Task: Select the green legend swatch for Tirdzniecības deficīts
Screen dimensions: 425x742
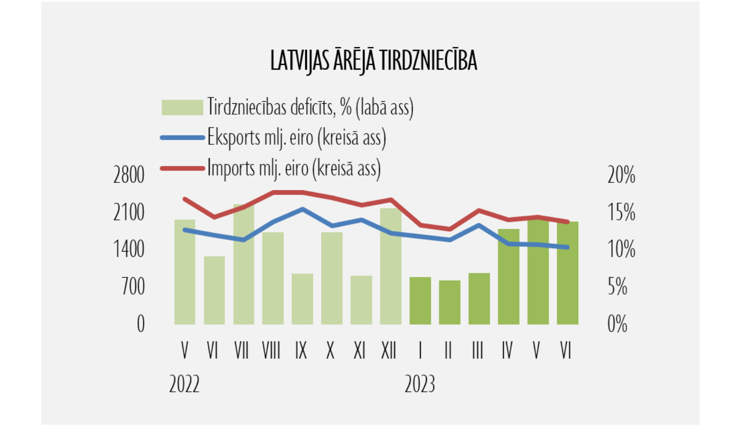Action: click(182, 107)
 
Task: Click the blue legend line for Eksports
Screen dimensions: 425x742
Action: click(182, 138)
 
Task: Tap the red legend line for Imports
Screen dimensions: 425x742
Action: click(182, 169)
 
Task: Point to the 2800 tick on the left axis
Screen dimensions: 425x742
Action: click(129, 175)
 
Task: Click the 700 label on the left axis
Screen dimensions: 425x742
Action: click(133, 287)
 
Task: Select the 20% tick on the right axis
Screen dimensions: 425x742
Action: click(621, 175)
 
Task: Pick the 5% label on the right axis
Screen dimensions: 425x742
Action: click(617, 287)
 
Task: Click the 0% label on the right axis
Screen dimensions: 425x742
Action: click(617, 324)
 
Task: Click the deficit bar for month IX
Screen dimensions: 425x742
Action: click(302, 299)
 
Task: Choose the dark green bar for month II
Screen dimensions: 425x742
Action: click(449, 302)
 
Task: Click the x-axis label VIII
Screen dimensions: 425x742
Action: click(271, 351)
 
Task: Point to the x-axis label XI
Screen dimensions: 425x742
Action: click(360, 351)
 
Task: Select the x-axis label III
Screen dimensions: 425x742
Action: click(477, 351)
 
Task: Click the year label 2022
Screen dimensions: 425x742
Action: click(184, 384)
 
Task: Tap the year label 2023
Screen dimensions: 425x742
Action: click(419, 384)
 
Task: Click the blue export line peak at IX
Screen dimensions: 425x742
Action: click(303, 209)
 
